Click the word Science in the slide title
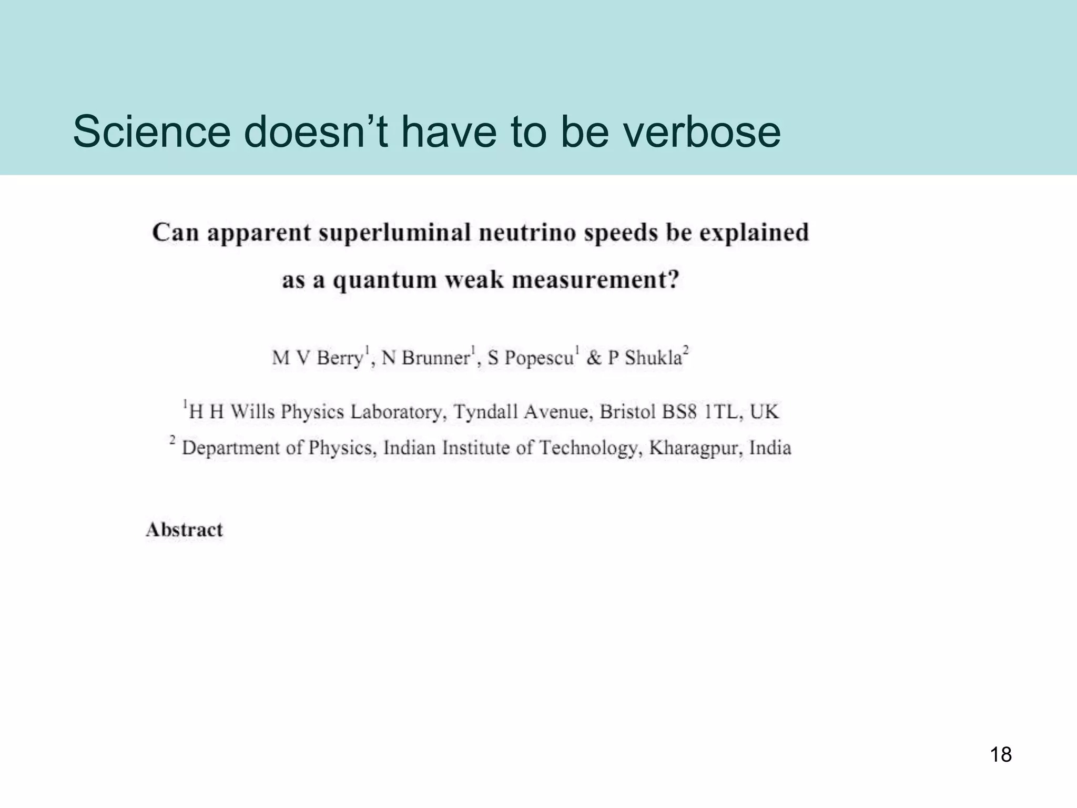pyautogui.click(x=151, y=132)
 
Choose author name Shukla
pyautogui.click(x=653, y=358)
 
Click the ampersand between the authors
pyautogui.click(x=594, y=358)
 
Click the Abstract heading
pyautogui.click(x=185, y=530)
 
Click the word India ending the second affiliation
pyautogui.click(x=770, y=448)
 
